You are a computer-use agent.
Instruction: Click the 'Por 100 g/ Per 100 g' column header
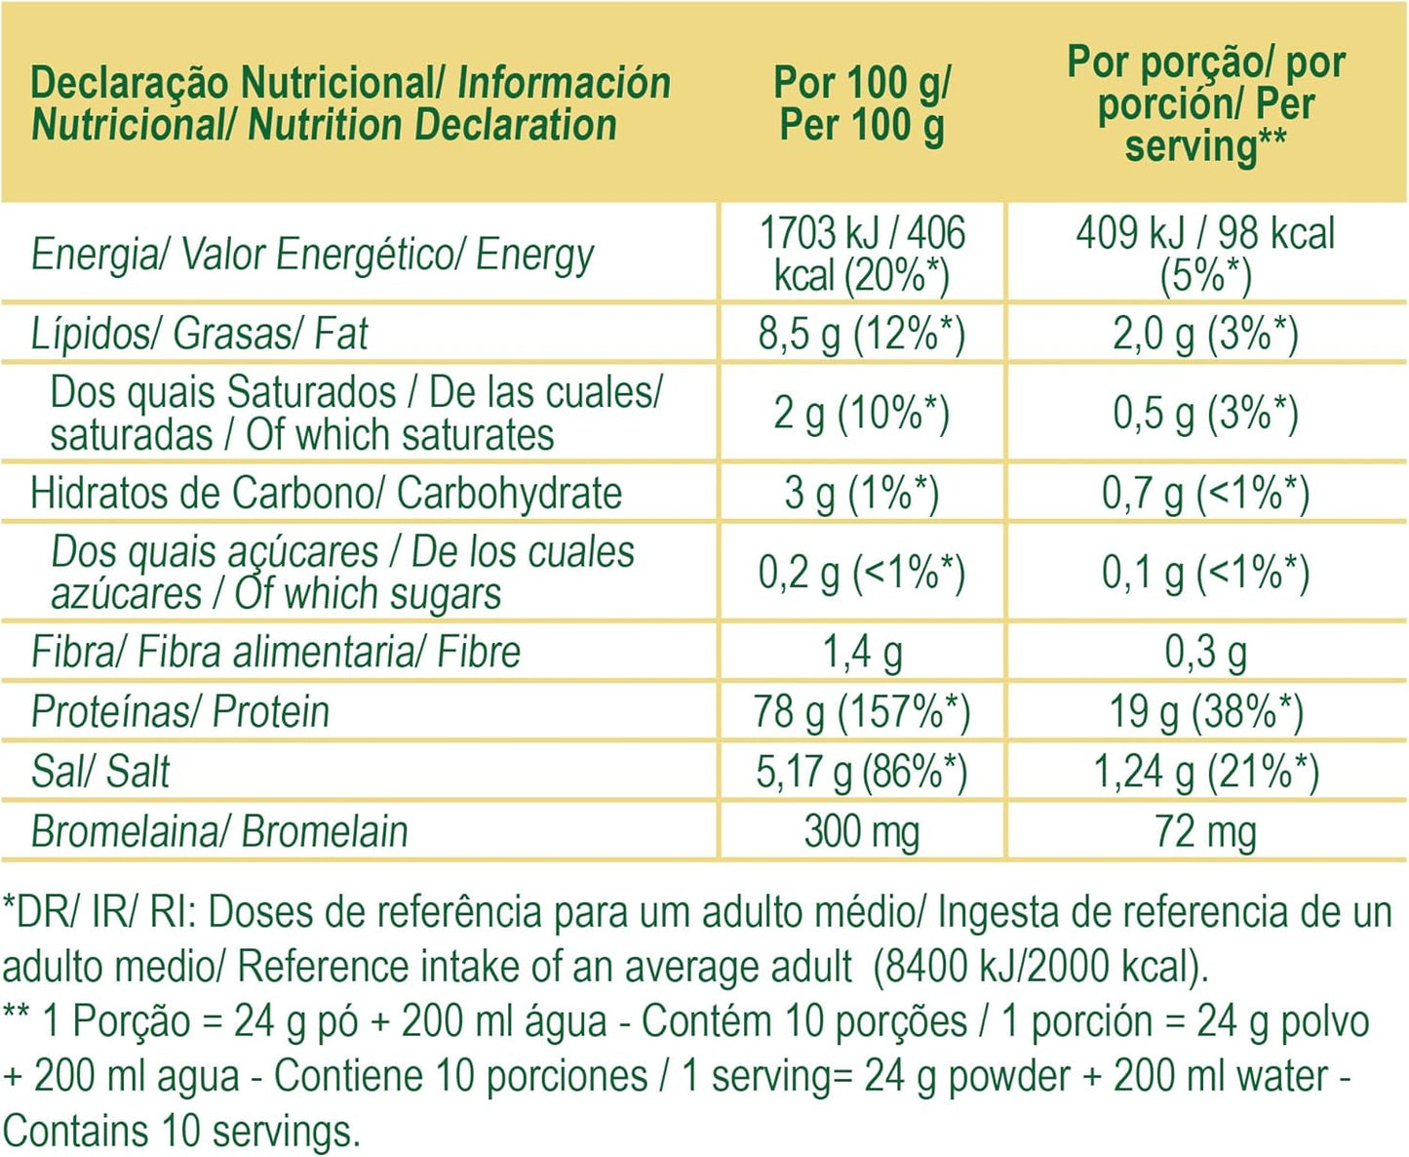(x=862, y=103)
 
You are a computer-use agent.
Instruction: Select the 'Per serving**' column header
(x=1206, y=103)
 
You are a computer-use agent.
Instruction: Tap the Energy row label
(x=312, y=255)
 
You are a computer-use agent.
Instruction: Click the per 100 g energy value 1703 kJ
(x=862, y=254)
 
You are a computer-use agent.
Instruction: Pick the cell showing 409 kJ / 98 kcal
(x=1206, y=254)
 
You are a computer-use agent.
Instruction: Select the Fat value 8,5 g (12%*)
(x=862, y=334)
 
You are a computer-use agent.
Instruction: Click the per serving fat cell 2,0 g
(x=1206, y=334)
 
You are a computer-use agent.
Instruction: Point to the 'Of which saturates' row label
(x=356, y=414)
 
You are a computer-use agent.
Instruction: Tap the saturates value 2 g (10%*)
(x=862, y=414)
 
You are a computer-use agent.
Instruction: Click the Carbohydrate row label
(x=326, y=493)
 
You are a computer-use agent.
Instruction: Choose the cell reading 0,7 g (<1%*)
(x=1206, y=493)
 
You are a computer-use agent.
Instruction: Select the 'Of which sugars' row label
(x=341, y=573)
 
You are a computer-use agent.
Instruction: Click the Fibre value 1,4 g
(x=862, y=652)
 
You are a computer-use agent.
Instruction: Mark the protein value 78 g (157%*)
(x=862, y=711)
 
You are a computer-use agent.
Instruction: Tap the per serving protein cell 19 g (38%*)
(x=1206, y=711)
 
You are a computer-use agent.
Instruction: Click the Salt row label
(x=100, y=772)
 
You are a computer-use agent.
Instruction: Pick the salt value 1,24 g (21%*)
(x=1206, y=772)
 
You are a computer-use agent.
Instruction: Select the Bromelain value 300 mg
(x=862, y=832)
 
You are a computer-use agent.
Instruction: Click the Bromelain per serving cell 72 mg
(x=1206, y=832)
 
